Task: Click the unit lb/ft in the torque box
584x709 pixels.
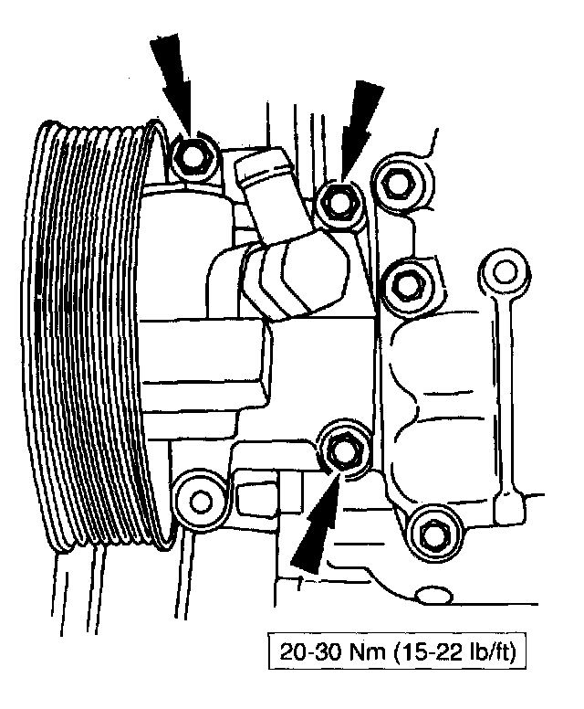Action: [x=484, y=655]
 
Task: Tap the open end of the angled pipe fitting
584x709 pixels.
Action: [x=259, y=164]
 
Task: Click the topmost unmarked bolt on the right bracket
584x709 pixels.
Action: [x=397, y=182]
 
